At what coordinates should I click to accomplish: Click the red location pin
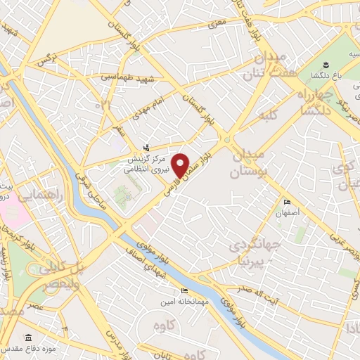181,166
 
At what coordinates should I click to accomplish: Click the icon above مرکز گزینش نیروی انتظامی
146,147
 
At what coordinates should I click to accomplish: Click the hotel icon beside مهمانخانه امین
185,290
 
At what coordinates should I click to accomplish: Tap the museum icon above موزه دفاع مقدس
27,337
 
